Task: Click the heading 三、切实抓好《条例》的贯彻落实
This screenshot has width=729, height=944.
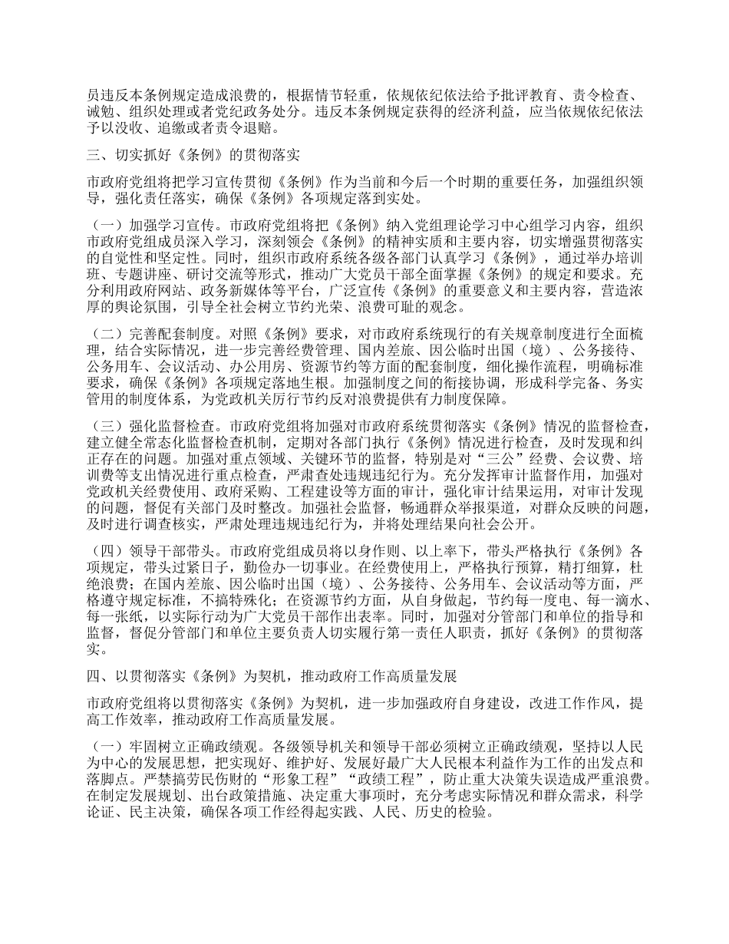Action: (x=193, y=154)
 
